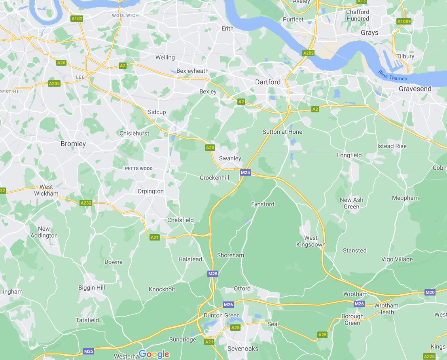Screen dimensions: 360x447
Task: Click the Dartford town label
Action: [x=267, y=82]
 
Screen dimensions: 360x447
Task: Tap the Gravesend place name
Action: [x=415, y=89]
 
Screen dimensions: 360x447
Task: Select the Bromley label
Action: [x=73, y=144]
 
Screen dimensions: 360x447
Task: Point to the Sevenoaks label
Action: [x=242, y=349]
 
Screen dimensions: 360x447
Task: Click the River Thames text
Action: [x=392, y=76]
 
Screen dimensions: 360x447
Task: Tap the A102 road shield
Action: [x=77, y=19]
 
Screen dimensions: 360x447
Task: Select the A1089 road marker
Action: [x=404, y=21]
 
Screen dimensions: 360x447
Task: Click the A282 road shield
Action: [x=308, y=53]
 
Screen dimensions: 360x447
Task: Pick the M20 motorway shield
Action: [x=430, y=292]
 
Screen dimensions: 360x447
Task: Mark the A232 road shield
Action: [x=86, y=203]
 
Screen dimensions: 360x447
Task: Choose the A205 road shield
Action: [x=54, y=83]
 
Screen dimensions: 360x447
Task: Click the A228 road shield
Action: [x=429, y=356]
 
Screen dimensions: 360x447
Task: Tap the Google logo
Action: [x=154, y=354]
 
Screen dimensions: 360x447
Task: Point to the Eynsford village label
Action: [x=263, y=204]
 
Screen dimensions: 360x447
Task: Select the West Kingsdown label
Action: [x=311, y=241]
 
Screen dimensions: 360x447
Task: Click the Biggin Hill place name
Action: [x=92, y=288]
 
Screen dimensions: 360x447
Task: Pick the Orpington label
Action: [x=150, y=191]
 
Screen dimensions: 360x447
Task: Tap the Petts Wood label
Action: [x=138, y=169]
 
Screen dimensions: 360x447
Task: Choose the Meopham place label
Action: [x=405, y=198]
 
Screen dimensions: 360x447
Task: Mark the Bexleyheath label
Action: [x=192, y=71]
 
